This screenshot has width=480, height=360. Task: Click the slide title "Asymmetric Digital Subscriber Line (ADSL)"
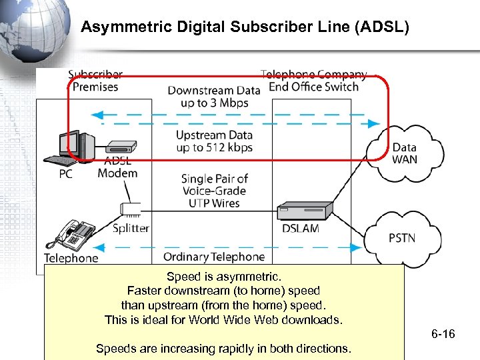[x=245, y=27]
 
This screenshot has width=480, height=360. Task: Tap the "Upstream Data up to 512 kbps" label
[x=214, y=141]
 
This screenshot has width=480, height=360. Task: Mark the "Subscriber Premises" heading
[x=95, y=81]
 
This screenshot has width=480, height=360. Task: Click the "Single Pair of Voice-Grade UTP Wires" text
[x=214, y=191]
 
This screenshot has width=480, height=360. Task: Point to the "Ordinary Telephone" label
[x=213, y=257]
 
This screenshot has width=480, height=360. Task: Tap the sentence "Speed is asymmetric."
[x=224, y=276]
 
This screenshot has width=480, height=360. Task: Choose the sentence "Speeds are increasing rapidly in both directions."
[x=224, y=349]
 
